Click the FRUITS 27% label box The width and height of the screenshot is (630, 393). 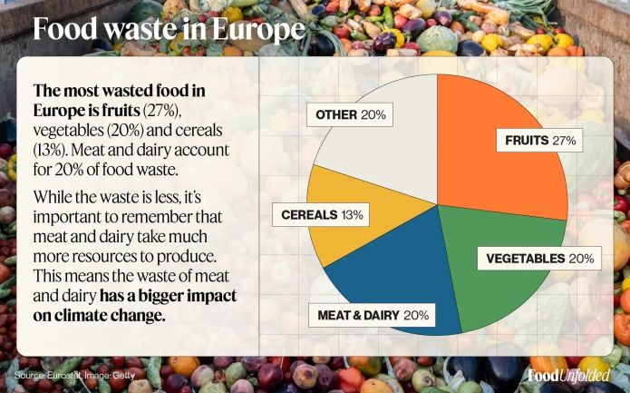[540, 141]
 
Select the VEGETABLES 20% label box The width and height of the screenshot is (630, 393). [539, 259]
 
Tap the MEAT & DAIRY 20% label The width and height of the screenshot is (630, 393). [373, 315]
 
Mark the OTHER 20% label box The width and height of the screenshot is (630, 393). [351, 115]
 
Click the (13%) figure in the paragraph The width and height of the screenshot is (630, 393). [49, 148]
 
